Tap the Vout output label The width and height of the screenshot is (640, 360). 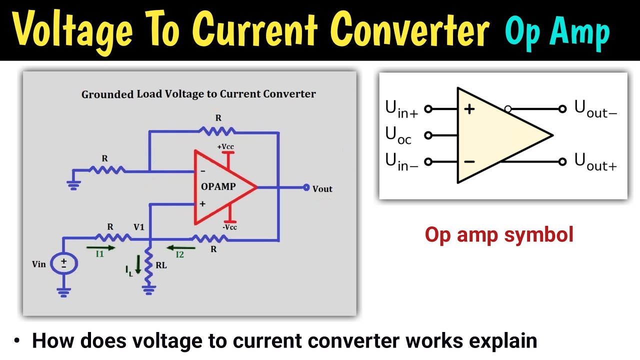click(x=322, y=188)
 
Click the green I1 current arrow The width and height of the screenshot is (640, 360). click(x=100, y=247)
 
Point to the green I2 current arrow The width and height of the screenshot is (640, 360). click(x=180, y=247)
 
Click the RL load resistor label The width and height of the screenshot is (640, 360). click(x=161, y=265)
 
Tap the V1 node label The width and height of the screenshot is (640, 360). click(x=138, y=227)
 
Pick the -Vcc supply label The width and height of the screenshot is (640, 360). click(x=229, y=227)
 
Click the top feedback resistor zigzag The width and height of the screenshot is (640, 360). click(x=217, y=131)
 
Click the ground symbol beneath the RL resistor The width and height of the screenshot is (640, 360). click(x=147, y=288)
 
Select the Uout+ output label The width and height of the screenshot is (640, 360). click(x=595, y=162)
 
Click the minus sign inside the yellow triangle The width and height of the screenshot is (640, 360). click(x=469, y=161)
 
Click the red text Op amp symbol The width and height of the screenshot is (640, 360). click(x=498, y=234)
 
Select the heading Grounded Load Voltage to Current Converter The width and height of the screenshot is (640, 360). click(x=198, y=94)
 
